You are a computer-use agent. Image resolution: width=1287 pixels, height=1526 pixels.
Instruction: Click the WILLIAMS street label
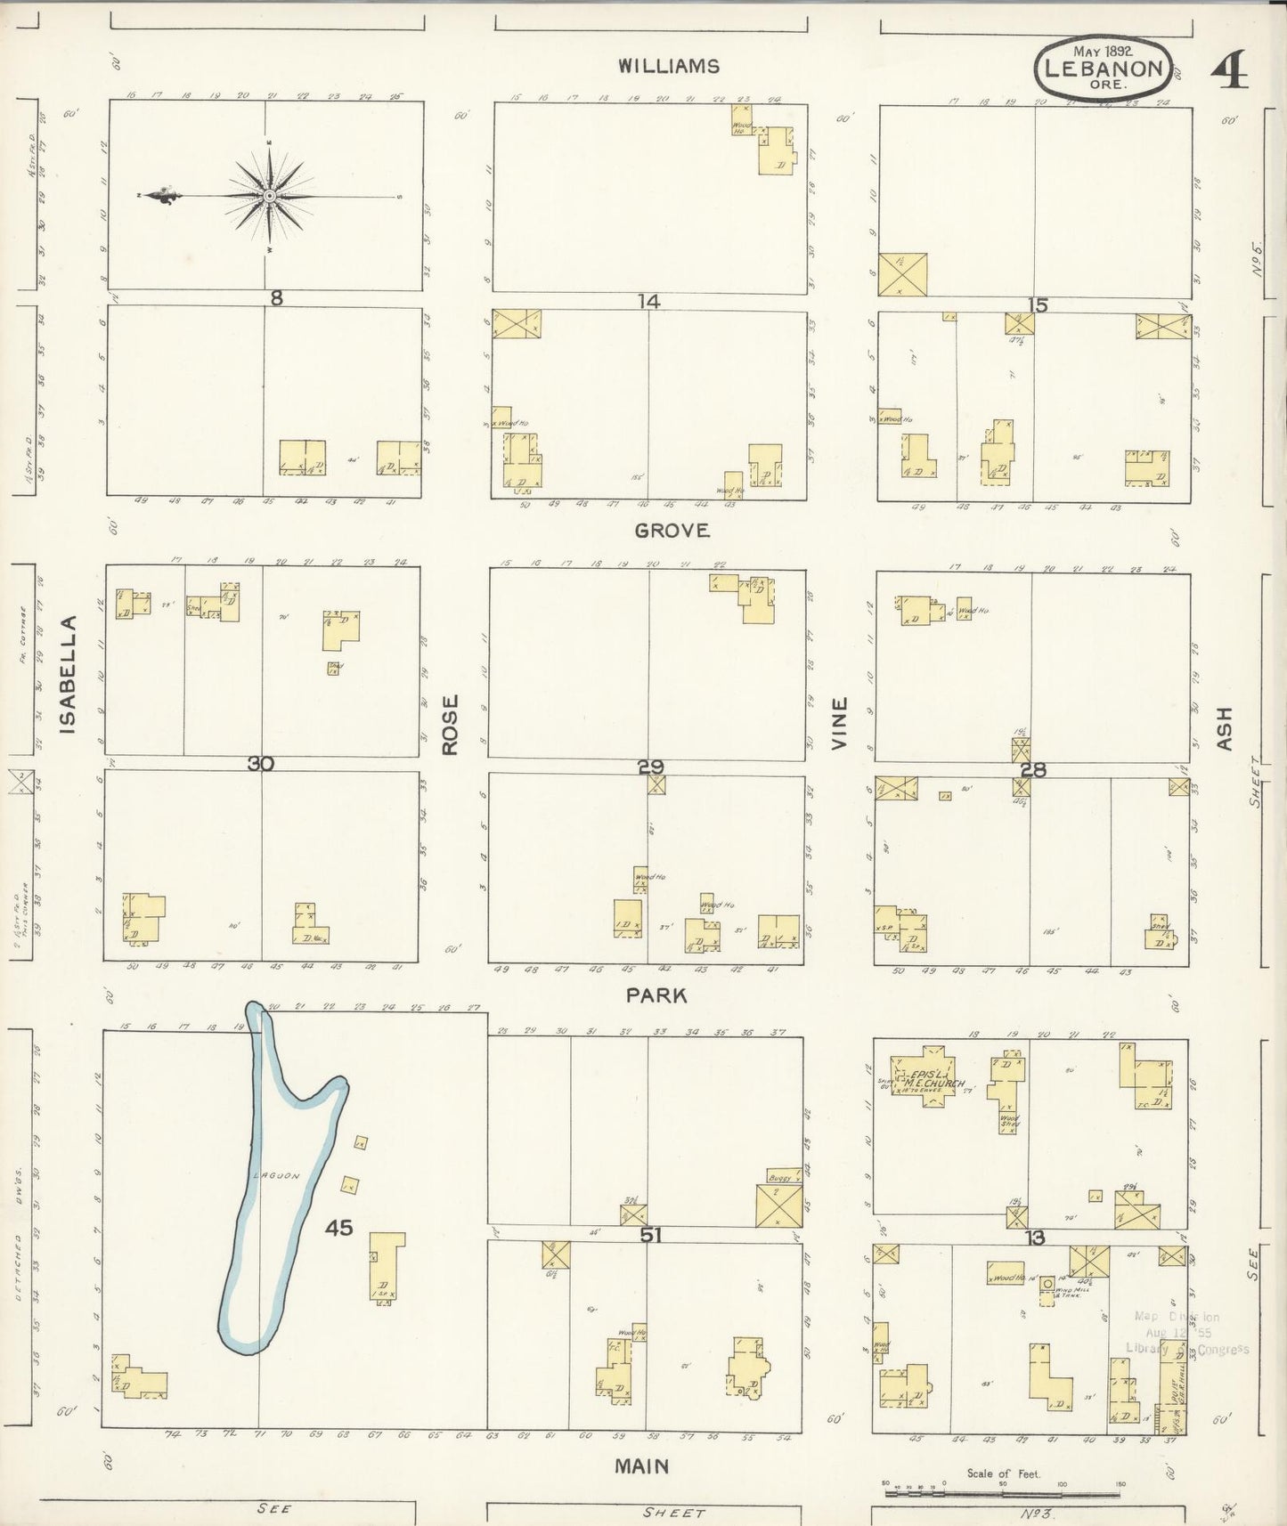tap(670, 66)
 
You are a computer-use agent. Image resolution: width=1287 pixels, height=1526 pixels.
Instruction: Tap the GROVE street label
tap(672, 532)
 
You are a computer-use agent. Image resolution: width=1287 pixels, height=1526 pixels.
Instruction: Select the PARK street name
tap(656, 995)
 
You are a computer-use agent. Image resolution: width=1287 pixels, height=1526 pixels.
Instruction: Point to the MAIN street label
tap(641, 1465)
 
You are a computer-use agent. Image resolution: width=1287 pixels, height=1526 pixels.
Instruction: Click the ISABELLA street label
tap(69, 674)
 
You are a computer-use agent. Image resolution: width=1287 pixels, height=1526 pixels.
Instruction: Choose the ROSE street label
tap(450, 725)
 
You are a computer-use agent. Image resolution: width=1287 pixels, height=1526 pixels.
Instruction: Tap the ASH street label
tap(1224, 728)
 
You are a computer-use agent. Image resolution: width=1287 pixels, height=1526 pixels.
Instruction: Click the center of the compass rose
tap(268, 196)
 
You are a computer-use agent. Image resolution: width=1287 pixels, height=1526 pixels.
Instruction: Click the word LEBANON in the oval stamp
tap(1104, 69)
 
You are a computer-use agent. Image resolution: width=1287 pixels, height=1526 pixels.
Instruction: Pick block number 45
tap(339, 1228)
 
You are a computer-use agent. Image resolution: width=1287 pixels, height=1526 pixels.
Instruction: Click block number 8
tap(276, 298)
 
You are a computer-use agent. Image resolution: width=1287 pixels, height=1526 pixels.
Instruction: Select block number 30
tap(261, 763)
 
